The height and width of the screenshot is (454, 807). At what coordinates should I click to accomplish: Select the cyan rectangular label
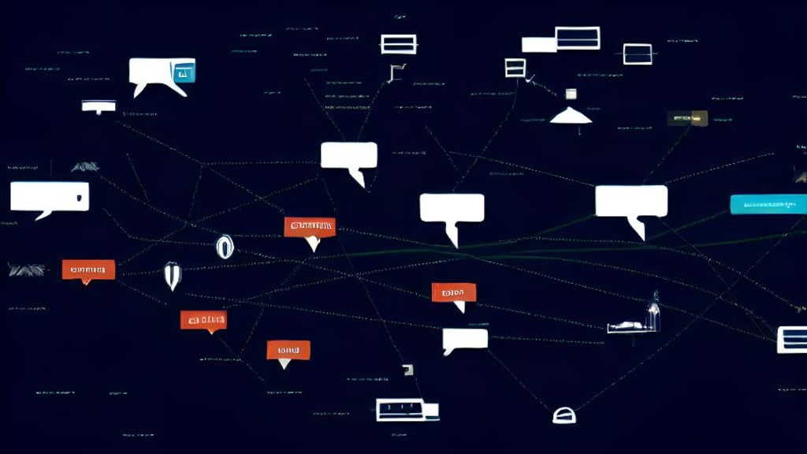(768, 204)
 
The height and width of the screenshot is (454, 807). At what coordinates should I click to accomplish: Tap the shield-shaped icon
(172, 275)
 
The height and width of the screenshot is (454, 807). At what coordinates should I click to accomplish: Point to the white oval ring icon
(225, 247)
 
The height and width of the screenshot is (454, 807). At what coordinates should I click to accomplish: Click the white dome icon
(563, 415)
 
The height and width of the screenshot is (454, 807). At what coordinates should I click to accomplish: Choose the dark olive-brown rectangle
(687, 118)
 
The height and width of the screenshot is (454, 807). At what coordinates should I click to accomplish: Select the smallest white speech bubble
(465, 340)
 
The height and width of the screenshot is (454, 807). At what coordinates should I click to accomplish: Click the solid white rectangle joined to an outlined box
(539, 45)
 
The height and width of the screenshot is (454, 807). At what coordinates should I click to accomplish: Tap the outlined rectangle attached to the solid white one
(578, 38)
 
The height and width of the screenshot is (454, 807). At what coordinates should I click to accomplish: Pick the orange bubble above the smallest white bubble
(454, 293)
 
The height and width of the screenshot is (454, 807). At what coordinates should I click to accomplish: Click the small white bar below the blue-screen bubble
(99, 106)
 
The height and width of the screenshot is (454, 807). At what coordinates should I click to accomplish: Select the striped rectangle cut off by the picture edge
(791, 339)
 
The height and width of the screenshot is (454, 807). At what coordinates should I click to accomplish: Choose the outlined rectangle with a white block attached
(399, 409)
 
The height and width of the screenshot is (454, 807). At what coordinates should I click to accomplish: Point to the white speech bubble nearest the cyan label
(631, 203)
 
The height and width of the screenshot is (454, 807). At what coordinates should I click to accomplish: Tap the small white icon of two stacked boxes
(515, 68)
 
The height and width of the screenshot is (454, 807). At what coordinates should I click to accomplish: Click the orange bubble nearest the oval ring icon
(310, 228)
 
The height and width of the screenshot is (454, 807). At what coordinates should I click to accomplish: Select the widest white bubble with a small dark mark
(49, 197)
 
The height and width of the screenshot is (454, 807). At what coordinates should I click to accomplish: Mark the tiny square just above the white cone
(571, 94)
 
